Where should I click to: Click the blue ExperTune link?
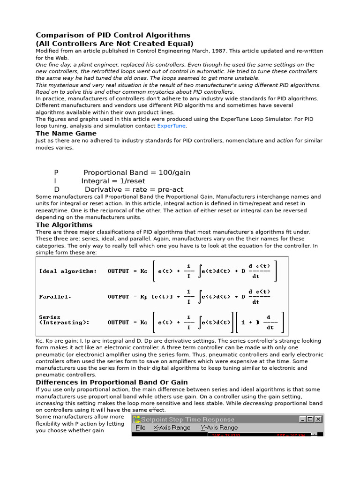pos(171,126)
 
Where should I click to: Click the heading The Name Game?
pos(66,134)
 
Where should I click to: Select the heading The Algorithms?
pos(64,225)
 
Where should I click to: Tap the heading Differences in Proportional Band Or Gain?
pos(112,382)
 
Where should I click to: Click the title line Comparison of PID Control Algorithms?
pos(113,35)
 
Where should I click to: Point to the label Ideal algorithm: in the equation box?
pos(68,271)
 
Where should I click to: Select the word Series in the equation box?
pos(50,317)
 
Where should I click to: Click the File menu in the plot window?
pos(140,427)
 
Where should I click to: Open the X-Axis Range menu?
pos(172,427)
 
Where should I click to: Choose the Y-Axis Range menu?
pos(219,427)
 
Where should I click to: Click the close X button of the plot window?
pos(318,419)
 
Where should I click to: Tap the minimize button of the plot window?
pos(303,419)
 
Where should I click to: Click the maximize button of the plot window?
pos(310,419)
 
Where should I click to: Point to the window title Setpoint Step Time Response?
pos(187,419)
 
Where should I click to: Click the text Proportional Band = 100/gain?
pos(137,172)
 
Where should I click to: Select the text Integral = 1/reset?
pos(113,181)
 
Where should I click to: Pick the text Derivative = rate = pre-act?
pos(134,189)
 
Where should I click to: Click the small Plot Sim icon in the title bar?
pos(136,419)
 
